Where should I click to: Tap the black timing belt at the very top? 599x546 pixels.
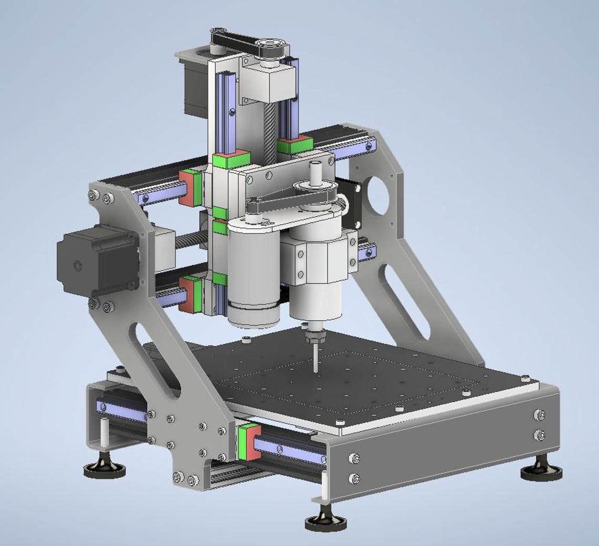click(x=247, y=45)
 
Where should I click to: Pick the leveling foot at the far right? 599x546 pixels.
click(x=541, y=471)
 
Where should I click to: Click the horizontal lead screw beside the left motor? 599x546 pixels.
click(x=187, y=242)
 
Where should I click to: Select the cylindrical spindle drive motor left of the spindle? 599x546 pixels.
click(x=253, y=278)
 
